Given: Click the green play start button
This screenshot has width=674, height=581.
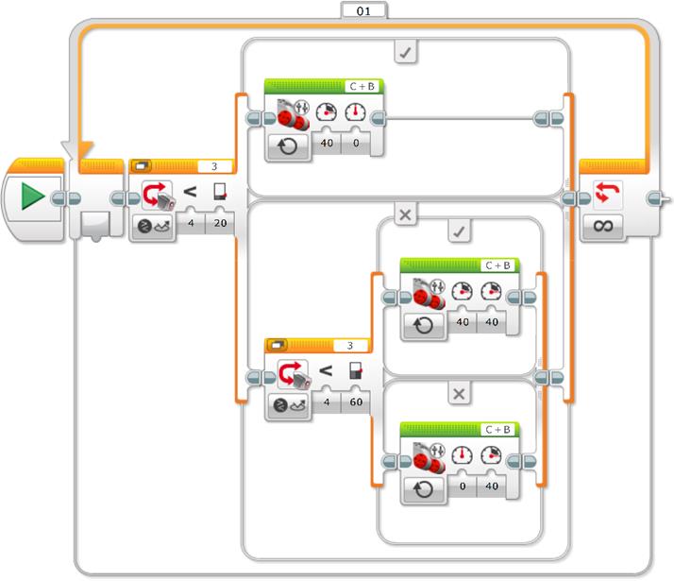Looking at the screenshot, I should [33, 197].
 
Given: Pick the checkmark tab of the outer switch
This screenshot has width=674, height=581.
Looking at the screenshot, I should [405, 54].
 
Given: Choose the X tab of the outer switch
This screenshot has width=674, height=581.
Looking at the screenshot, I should [405, 215].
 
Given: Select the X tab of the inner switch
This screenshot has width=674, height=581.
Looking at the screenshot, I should [458, 394].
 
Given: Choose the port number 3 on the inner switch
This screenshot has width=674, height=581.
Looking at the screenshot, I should [350, 346].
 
